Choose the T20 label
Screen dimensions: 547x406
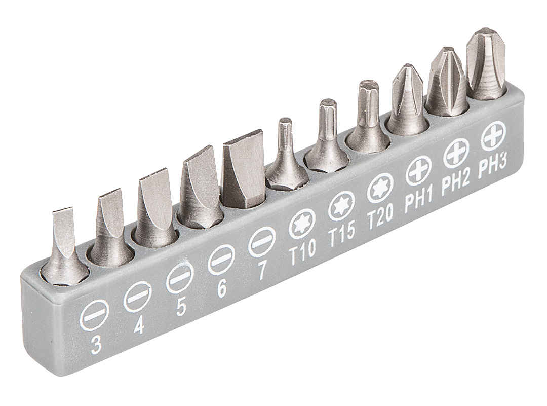[380, 215]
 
